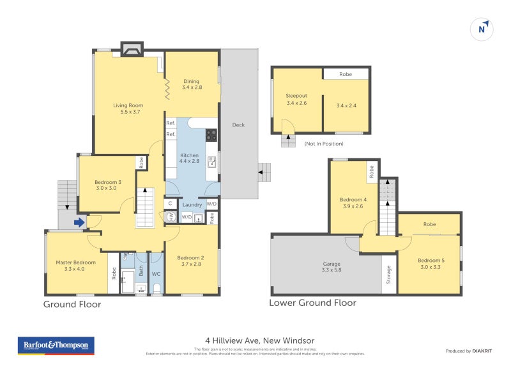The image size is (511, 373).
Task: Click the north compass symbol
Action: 483,29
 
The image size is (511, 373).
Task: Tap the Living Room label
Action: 128,109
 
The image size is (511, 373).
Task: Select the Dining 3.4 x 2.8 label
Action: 192,84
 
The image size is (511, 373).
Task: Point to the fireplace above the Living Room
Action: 132,50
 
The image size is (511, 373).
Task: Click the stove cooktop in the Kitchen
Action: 211,135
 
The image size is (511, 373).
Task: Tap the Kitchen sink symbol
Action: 212,162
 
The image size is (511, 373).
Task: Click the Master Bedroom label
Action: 75,266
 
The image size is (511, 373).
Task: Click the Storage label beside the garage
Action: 389,275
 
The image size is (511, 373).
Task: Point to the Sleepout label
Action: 296,99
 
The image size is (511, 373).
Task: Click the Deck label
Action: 238,125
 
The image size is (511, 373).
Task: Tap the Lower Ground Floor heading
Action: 312,303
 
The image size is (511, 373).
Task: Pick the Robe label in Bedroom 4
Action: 371,171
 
